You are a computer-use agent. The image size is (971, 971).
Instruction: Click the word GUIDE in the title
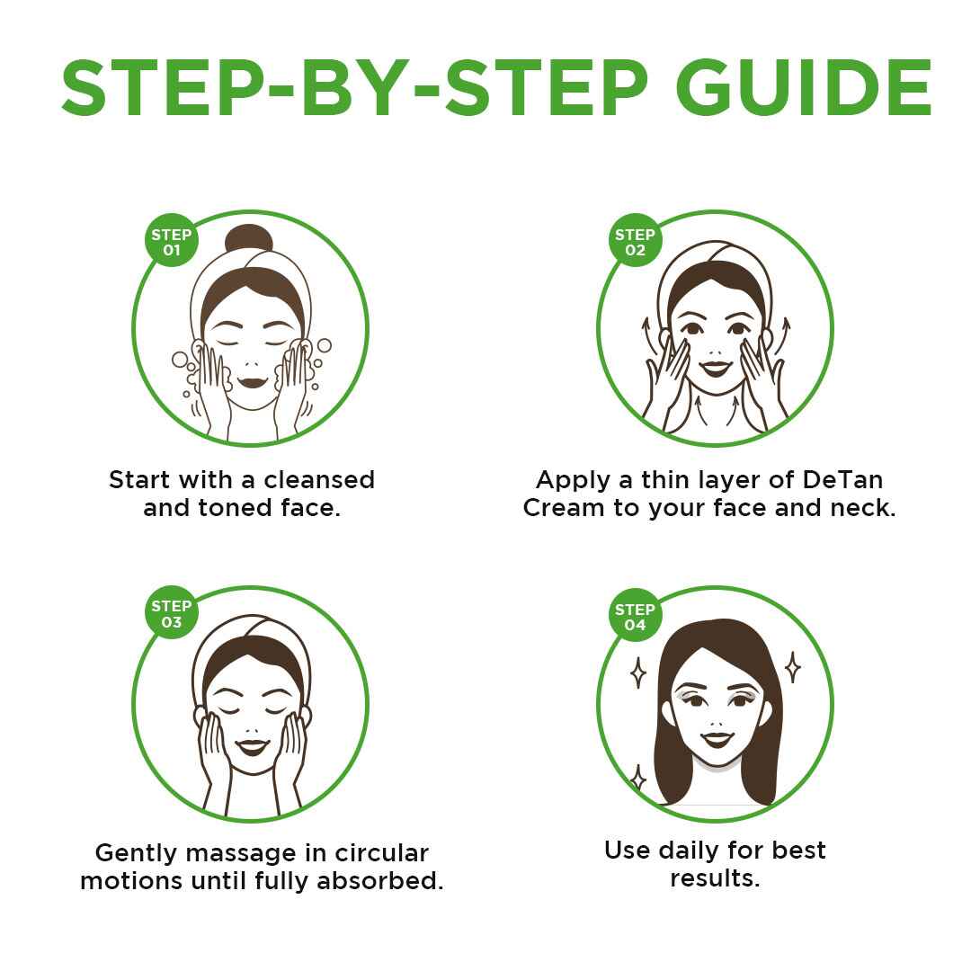point(804,87)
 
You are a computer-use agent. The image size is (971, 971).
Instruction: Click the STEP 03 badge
point(172,612)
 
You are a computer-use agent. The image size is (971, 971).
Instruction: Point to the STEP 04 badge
point(635,615)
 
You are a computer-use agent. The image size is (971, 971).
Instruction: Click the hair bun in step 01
point(248,238)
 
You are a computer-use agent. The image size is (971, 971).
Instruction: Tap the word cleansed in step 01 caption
point(319,480)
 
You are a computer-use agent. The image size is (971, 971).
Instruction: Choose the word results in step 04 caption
point(715,878)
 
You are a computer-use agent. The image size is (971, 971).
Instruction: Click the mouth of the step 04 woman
point(717,739)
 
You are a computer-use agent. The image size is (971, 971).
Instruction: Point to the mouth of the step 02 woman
point(716,368)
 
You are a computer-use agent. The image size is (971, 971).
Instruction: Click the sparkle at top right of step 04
point(793,667)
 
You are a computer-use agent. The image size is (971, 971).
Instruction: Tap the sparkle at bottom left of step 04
point(637,777)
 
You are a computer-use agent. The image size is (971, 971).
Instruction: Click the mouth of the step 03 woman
point(253,746)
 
